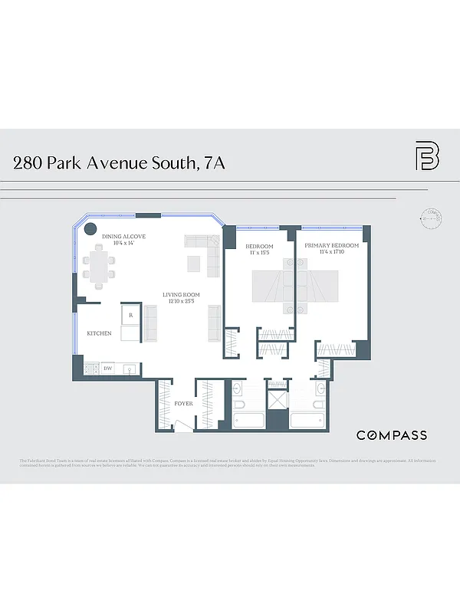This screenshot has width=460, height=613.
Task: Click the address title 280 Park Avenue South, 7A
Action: (x=119, y=162)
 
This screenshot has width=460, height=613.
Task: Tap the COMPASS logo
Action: (x=392, y=435)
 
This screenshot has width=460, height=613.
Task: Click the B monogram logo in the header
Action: (x=427, y=156)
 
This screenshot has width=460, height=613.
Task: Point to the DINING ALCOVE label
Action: (x=129, y=237)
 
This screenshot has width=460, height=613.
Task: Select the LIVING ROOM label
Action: (x=180, y=295)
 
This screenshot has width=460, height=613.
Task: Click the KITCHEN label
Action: (x=99, y=333)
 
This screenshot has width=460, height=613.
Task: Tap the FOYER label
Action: (x=183, y=403)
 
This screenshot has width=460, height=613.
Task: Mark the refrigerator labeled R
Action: (x=130, y=315)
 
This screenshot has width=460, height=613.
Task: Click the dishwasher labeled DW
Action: (x=108, y=369)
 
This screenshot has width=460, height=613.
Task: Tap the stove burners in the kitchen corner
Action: (x=89, y=369)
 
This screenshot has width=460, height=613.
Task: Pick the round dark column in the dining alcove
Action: (x=90, y=228)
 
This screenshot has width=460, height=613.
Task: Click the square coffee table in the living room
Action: (x=195, y=264)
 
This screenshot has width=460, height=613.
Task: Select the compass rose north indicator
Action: (x=433, y=218)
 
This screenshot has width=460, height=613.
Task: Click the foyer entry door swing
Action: (x=182, y=424)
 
